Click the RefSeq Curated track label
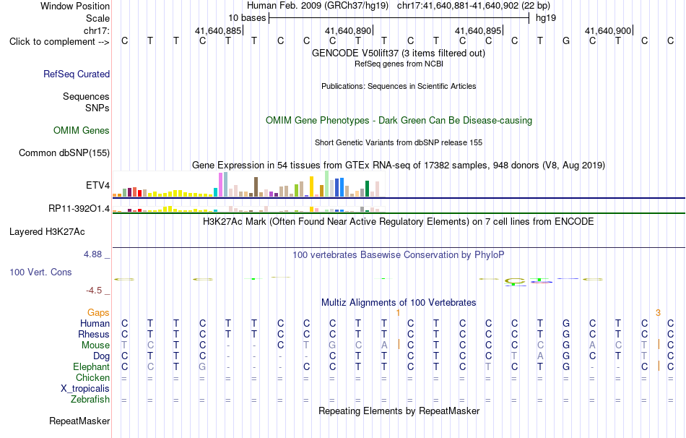click(x=77, y=74)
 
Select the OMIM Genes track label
click(x=82, y=131)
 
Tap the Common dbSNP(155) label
click(x=64, y=153)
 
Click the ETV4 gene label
click(x=98, y=185)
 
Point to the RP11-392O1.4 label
click(x=79, y=208)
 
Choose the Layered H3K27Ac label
click(x=47, y=232)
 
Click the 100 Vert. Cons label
click(x=40, y=272)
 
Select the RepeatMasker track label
click(x=79, y=421)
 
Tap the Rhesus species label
click(x=94, y=334)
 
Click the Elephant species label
click(x=92, y=366)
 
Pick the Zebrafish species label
click(x=90, y=399)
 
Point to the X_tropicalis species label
click(x=85, y=389)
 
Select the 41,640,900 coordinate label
click(x=608, y=30)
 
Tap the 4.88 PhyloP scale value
click(x=92, y=254)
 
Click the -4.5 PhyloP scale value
click(x=94, y=291)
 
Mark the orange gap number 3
click(x=658, y=313)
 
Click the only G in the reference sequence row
click(x=566, y=40)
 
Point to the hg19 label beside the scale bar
click(x=546, y=18)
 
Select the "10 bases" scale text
click(x=247, y=18)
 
